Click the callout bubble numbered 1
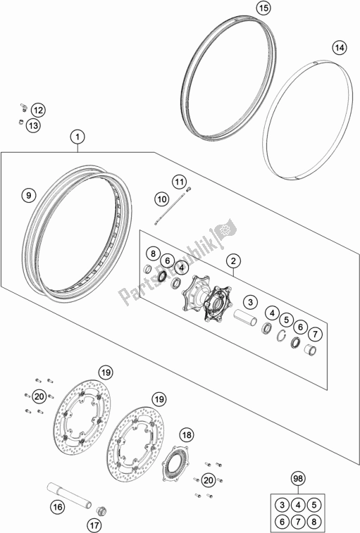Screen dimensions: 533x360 click(x=78, y=137)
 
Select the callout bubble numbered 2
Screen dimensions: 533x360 click(x=232, y=262)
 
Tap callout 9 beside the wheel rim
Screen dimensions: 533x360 click(x=28, y=194)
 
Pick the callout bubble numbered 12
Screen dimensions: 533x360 click(x=37, y=110)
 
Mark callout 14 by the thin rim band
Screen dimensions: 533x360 click(x=339, y=49)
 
